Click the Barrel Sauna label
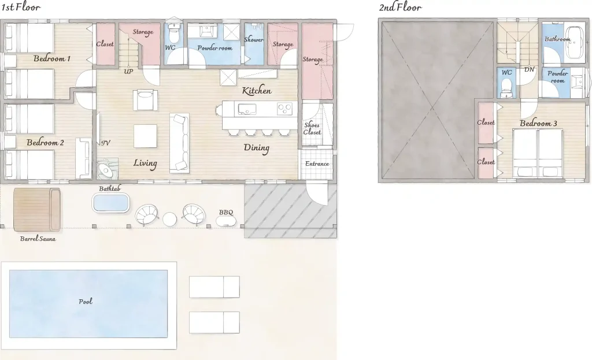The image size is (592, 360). point(38,239)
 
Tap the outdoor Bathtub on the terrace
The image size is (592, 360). point(110,203)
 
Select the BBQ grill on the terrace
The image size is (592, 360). point(227,221)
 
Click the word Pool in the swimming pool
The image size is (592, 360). point(86,301)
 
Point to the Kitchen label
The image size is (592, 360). point(257,91)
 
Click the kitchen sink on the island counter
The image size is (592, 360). point(247,109)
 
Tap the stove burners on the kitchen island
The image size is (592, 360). point(284,109)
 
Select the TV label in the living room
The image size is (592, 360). point(106,143)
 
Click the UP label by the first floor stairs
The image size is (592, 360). point(128,71)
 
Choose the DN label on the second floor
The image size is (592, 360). point(530,69)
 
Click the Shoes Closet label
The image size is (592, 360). point(312,128)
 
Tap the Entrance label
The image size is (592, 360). point(317,164)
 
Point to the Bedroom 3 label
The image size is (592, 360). point(538,123)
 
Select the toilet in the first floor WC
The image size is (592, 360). point(173,33)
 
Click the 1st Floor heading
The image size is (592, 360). point(21,7)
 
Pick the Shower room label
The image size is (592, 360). point(254,39)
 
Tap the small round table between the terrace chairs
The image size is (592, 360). point(169,219)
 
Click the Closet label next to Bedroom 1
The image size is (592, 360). point(105,44)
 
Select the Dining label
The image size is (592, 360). point(256,147)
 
